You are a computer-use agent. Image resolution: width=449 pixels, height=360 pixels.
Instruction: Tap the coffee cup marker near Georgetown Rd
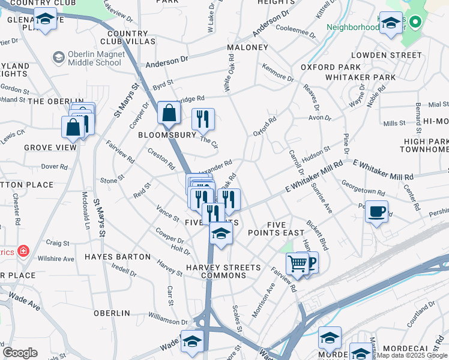pyautogui.click(x=376, y=212)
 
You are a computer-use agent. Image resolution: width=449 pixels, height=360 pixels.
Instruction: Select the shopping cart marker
pyautogui.click(x=297, y=263)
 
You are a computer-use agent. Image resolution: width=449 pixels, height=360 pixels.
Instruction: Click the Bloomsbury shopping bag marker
pyautogui.click(x=169, y=112)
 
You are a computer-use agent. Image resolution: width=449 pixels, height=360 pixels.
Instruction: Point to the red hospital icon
pyautogui.click(x=23, y=251)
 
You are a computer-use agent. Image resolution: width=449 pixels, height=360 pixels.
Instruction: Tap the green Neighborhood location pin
pyautogui.click(x=415, y=22)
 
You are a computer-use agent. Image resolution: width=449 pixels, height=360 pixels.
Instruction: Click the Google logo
pyautogui.click(x=20, y=353)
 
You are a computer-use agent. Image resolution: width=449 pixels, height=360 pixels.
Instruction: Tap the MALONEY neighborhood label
pyautogui.click(x=247, y=47)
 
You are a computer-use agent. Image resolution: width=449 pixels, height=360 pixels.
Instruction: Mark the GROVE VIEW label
pyautogui.click(x=50, y=147)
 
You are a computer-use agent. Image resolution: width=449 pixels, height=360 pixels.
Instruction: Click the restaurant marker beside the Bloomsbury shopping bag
pyautogui.click(x=203, y=119)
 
